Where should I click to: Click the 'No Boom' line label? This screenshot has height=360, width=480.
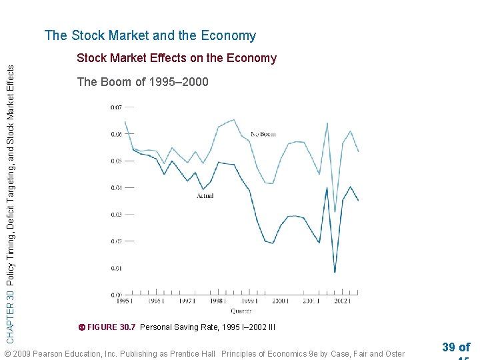point(263,134)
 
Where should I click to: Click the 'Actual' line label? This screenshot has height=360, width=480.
point(205,196)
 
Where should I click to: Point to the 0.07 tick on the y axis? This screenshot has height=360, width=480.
point(117,107)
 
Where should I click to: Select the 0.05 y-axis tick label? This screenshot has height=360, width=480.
point(117,161)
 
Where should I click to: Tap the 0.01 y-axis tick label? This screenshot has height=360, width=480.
point(117,268)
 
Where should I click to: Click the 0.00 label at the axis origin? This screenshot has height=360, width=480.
point(117,294)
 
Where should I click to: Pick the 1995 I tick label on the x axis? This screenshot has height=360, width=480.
point(123,302)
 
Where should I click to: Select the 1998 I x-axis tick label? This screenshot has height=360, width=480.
point(217,302)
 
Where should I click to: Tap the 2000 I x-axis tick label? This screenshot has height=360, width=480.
point(279,302)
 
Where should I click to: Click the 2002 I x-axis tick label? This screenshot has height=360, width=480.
point(342,302)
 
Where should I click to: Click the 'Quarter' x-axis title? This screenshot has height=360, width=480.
point(241,311)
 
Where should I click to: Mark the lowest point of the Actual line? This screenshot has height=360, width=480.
point(335,271)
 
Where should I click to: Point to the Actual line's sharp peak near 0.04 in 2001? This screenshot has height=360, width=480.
point(327,188)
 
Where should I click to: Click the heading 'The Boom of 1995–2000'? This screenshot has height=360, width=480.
point(143,82)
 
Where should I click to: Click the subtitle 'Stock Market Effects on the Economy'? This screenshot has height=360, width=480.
point(176,58)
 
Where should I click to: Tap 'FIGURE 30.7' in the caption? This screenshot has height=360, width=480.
point(111,327)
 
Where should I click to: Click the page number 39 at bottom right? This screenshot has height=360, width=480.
point(449,347)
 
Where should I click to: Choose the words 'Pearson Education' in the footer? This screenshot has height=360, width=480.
point(65,353)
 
